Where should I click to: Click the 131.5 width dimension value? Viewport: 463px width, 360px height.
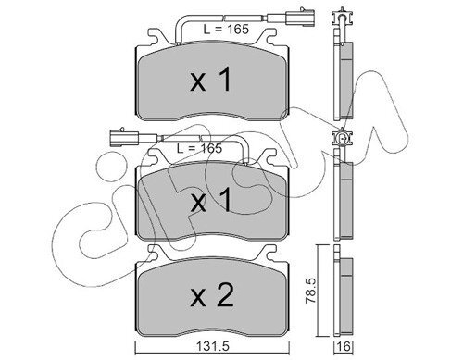[x=212, y=347]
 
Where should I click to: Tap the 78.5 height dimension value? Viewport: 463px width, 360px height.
[x=311, y=291]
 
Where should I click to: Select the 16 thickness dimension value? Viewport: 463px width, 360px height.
[x=344, y=347]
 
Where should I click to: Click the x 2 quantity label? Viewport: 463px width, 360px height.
[x=212, y=296]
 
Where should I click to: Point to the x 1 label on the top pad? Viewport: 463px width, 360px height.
[x=211, y=80]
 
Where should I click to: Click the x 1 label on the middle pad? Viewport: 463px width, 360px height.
[x=211, y=200]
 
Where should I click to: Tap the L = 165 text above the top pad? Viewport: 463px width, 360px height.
[x=226, y=30]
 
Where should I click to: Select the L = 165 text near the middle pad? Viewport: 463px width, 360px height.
[x=199, y=148]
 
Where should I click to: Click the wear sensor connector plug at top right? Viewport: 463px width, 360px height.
[x=301, y=18]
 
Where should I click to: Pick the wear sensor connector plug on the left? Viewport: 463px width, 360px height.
[x=124, y=136]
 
